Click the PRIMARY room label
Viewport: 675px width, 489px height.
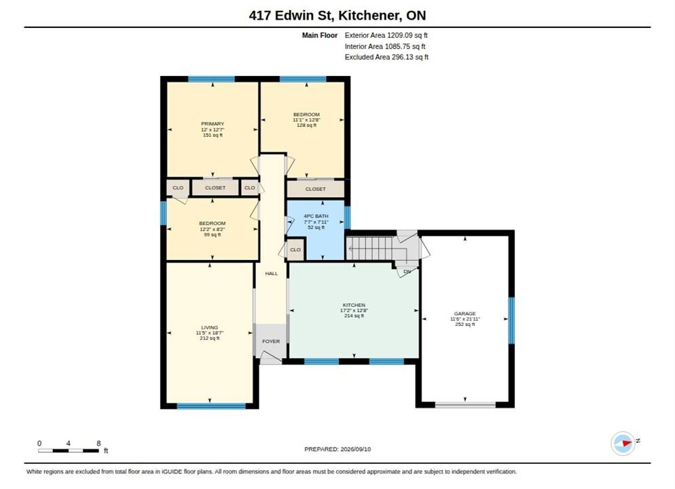(x=213, y=124)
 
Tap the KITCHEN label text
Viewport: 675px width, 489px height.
(x=354, y=305)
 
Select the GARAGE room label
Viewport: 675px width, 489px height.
(x=465, y=313)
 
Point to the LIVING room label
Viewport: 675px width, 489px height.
(x=210, y=327)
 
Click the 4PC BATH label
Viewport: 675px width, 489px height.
(x=316, y=216)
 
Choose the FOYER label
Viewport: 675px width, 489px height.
(x=271, y=342)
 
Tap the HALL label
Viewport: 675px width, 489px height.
(x=271, y=273)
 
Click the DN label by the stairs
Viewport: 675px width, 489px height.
(x=407, y=272)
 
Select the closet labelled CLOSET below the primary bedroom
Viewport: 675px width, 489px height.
(x=215, y=187)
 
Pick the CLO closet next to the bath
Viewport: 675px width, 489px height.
(x=295, y=250)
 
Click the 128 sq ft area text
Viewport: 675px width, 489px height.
(x=306, y=125)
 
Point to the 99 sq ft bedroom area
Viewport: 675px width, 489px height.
(x=213, y=234)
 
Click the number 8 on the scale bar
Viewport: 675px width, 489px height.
(x=98, y=443)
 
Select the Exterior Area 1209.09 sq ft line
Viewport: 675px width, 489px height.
(x=386, y=35)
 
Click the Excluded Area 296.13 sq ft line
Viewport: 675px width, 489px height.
(x=386, y=57)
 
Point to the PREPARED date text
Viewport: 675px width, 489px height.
(x=337, y=449)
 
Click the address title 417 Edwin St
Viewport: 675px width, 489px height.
(x=291, y=16)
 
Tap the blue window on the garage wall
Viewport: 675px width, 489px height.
(x=511, y=321)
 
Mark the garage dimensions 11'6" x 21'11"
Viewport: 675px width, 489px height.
(x=465, y=319)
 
